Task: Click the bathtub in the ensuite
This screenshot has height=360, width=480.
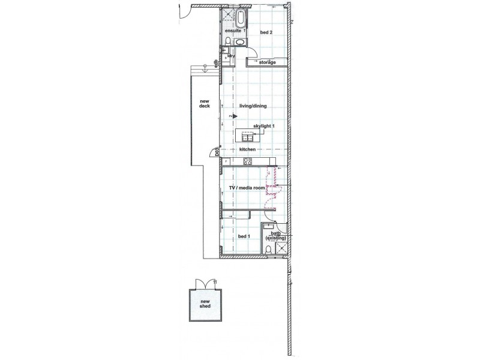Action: (x=241, y=16)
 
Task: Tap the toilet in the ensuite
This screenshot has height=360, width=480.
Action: (x=230, y=40)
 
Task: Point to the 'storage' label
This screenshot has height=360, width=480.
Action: (x=268, y=62)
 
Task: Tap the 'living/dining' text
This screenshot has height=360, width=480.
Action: (x=253, y=106)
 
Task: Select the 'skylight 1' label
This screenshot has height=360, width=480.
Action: (x=263, y=126)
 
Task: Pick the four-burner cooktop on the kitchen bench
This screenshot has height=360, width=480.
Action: (x=248, y=161)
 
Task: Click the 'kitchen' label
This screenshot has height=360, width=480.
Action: (x=248, y=148)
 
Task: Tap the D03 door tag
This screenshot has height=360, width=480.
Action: (x=217, y=153)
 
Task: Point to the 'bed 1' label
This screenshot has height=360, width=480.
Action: (x=244, y=236)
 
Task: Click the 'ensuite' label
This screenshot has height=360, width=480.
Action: (x=233, y=31)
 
